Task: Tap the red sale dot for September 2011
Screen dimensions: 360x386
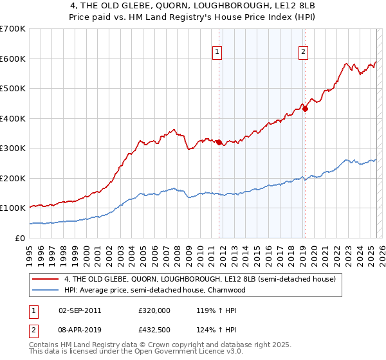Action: click(x=219, y=142)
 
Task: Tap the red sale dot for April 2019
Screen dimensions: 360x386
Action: click(x=305, y=109)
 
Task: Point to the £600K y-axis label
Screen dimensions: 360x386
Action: click(x=13, y=59)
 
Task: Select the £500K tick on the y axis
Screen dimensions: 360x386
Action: click(x=13, y=89)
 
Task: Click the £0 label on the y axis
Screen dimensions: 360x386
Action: click(x=20, y=238)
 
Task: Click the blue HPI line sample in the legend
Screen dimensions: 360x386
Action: click(x=46, y=290)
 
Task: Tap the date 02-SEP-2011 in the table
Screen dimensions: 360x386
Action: click(x=80, y=310)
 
